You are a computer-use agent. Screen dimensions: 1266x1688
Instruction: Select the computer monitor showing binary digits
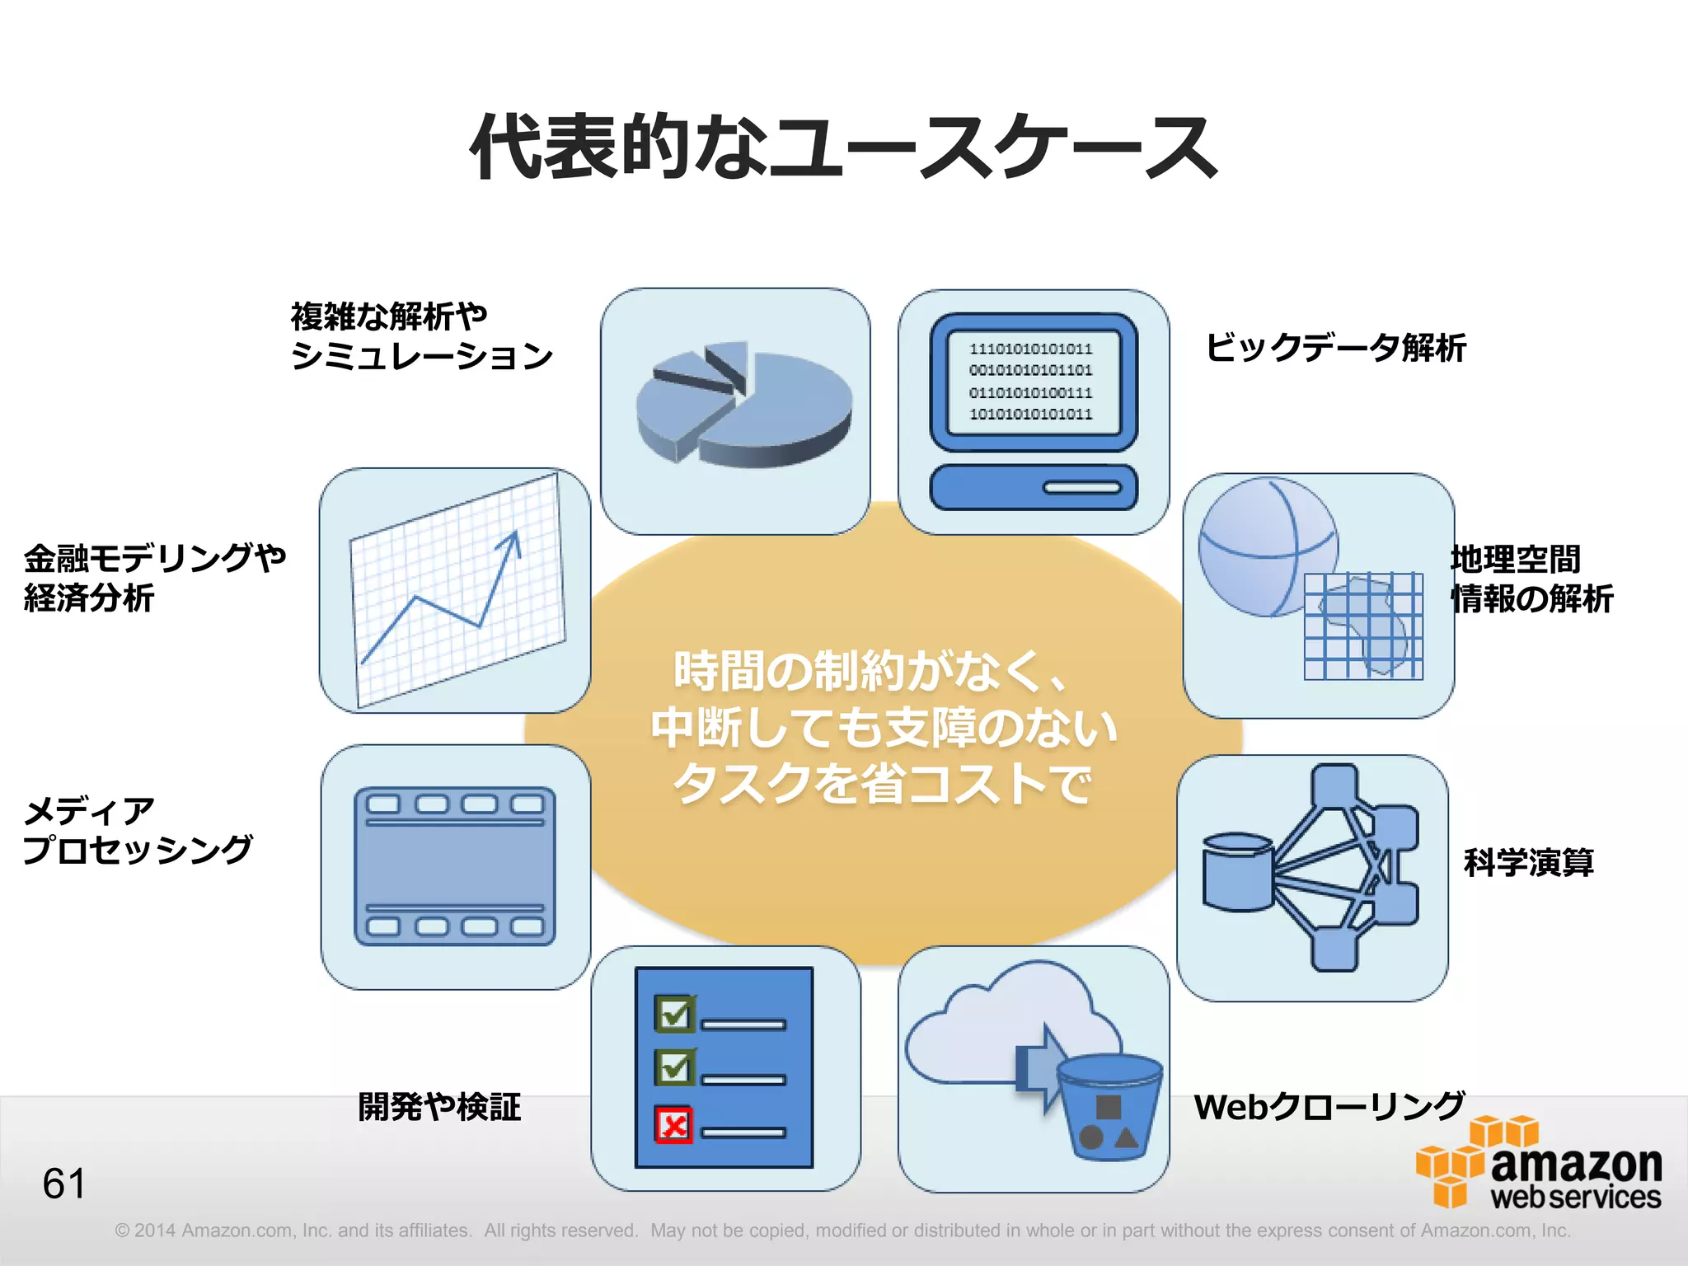point(1033,382)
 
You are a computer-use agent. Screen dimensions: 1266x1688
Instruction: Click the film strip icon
point(455,866)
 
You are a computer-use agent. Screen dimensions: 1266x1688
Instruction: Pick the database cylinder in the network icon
point(1236,872)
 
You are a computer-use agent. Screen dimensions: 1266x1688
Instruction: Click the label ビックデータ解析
point(1335,348)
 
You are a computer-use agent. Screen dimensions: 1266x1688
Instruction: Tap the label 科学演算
point(1528,862)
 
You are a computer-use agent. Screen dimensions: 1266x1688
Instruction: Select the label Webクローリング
point(1329,1107)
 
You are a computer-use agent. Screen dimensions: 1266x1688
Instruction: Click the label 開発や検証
point(439,1107)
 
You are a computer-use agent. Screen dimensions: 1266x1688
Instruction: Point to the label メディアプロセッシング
point(137,831)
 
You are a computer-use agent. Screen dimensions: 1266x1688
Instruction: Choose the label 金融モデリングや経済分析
point(154,578)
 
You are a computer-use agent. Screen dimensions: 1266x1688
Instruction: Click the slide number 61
point(63,1184)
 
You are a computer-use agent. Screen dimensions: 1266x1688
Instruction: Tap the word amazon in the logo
point(1576,1164)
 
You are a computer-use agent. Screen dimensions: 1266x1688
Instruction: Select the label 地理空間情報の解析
point(1531,579)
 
